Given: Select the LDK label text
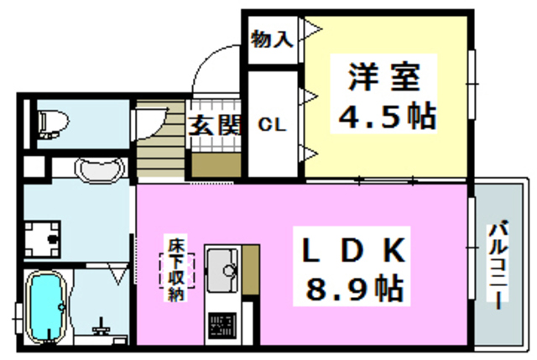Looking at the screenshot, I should coord(353,250).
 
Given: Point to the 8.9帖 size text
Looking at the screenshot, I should coord(354,290).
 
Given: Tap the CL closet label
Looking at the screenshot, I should coord(272,125).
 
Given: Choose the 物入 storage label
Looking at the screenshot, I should coord(272,39).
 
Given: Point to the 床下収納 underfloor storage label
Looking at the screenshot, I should coord(176,270).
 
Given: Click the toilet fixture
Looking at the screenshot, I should coord(52,123).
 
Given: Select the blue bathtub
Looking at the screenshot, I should coord(49,308).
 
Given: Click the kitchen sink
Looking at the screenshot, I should coord(223,269).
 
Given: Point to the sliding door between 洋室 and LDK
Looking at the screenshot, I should coord(386,180).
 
